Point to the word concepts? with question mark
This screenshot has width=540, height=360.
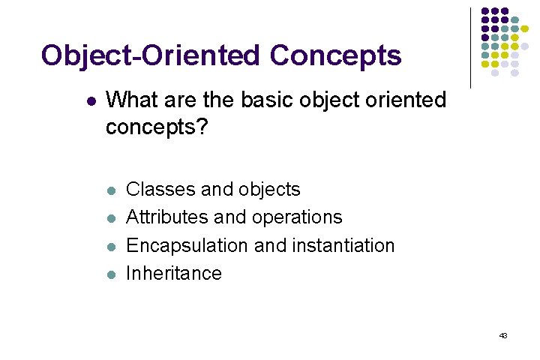point(157,127)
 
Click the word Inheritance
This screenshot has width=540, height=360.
point(174,273)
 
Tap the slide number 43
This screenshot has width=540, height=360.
point(503,335)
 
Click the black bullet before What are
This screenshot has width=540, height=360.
point(91,100)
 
